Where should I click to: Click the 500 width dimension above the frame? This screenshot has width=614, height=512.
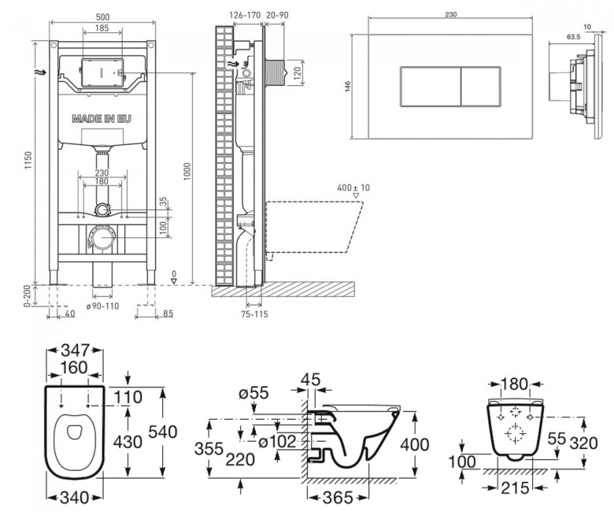(102, 17)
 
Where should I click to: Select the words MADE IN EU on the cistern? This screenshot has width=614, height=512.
(102, 119)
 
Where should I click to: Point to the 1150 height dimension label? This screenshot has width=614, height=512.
(28, 160)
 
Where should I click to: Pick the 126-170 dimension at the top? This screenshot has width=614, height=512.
(245, 15)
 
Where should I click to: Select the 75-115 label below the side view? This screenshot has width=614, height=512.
(254, 314)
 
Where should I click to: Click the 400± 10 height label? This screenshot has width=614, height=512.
(353, 187)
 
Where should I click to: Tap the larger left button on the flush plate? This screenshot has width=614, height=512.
(431, 87)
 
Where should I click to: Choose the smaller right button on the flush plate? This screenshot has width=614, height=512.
(481, 87)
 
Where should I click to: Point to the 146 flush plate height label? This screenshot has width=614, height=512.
(348, 87)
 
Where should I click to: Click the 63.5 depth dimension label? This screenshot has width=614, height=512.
(573, 37)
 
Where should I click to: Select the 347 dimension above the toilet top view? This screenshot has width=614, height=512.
(76, 350)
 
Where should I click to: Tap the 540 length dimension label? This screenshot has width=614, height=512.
(163, 432)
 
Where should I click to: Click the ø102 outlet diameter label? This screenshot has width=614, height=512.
(278, 442)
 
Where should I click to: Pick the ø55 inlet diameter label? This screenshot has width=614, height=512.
(253, 392)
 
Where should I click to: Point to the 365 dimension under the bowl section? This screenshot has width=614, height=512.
(338, 498)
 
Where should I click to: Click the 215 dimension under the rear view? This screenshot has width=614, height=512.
(515, 488)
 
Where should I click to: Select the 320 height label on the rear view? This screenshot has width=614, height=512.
(583, 443)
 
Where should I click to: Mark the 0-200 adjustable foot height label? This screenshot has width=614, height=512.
(27, 296)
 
